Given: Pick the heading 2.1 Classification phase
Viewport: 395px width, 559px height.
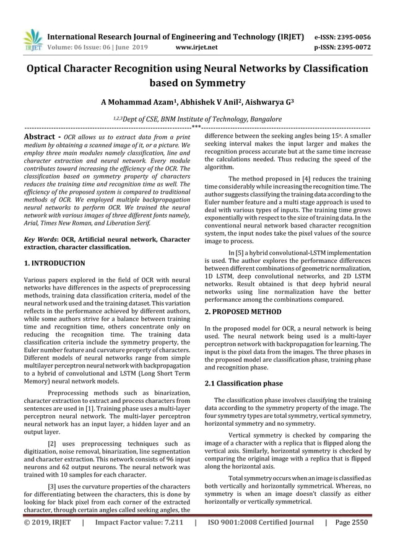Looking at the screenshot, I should [243, 383].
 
